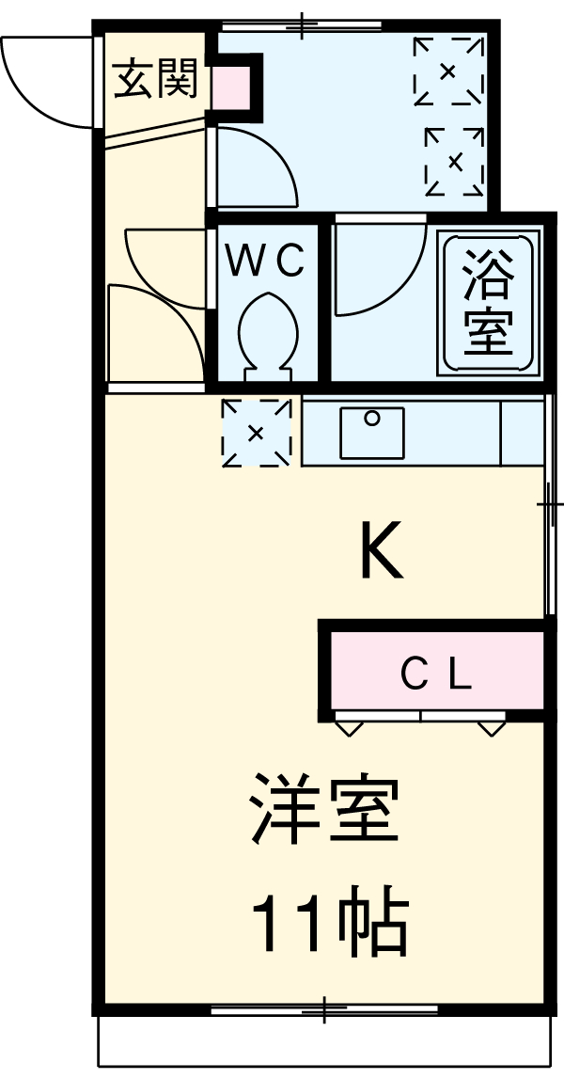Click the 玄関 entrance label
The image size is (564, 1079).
point(155,81)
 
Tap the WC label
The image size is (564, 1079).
point(268,262)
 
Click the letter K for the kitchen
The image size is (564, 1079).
point(382,552)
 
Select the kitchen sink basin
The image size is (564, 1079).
point(372,432)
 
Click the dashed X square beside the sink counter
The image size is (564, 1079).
point(256,433)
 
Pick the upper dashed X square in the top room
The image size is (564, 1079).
point(447,70)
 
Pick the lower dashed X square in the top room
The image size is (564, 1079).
point(455,161)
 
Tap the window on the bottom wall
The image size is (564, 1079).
point(324,1011)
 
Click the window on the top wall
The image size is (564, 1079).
point(302,24)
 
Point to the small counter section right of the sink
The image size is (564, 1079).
point(522,432)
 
